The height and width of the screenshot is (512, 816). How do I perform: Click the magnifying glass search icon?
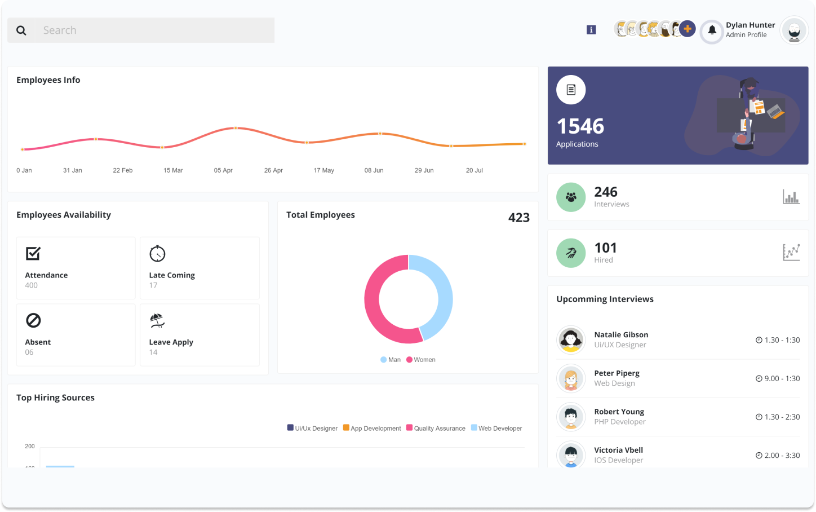click(21, 30)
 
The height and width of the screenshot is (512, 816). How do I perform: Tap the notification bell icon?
click(712, 30)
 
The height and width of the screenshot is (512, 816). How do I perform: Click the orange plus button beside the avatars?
click(687, 29)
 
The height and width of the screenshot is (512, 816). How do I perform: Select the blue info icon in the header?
click(591, 30)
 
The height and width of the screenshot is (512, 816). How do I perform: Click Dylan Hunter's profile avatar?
click(794, 30)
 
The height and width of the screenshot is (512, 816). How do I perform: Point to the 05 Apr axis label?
click(223, 170)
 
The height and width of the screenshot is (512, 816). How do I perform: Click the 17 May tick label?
click(323, 170)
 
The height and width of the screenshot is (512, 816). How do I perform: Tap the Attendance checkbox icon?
click(33, 254)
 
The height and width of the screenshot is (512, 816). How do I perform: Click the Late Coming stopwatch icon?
click(157, 254)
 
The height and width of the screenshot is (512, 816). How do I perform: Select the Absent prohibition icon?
click(33, 320)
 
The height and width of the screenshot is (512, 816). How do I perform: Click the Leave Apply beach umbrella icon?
click(157, 320)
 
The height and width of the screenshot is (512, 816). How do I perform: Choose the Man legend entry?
click(391, 360)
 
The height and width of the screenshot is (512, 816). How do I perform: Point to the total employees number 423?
click(518, 218)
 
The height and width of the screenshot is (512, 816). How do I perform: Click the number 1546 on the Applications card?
click(580, 126)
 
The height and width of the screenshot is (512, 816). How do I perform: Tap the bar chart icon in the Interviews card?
click(791, 197)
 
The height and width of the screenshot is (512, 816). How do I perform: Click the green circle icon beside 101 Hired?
click(571, 253)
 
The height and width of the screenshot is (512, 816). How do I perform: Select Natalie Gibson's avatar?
click(571, 340)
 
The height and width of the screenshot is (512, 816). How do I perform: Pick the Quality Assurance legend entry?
click(436, 429)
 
